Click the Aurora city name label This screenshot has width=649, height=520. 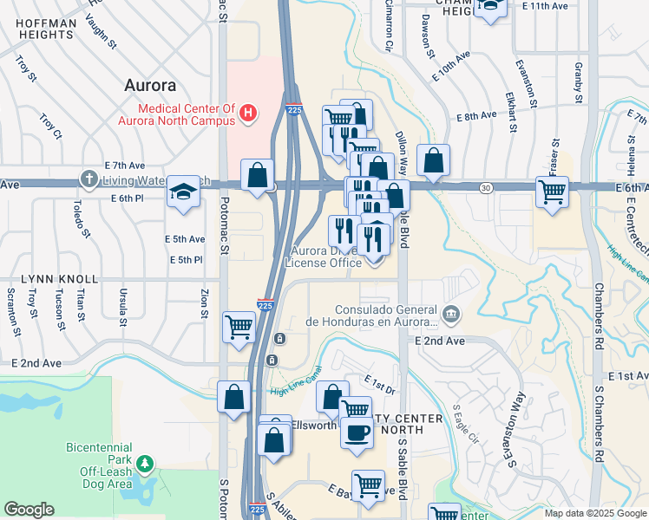[x=150, y=86]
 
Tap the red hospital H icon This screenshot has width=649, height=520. [x=249, y=112]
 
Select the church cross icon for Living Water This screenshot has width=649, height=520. [x=89, y=179]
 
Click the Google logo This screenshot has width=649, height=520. [x=29, y=509]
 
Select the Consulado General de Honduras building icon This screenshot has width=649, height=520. [x=450, y=313]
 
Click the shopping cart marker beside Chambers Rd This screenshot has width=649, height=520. [x=552, y=192]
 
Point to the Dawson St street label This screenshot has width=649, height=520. [x=427, y=35]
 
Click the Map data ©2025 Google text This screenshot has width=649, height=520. [x=595, y=513]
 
